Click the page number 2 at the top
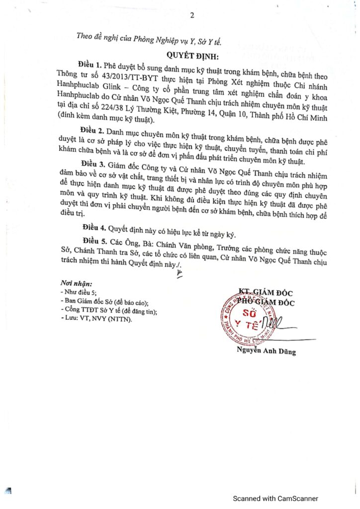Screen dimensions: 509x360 click(191, 15)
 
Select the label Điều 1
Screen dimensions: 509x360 click(90, 65)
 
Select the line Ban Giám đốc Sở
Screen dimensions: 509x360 click(104, 302)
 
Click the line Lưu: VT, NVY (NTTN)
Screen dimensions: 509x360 click(96, 320)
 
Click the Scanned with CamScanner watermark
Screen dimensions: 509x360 click(276, 499)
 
